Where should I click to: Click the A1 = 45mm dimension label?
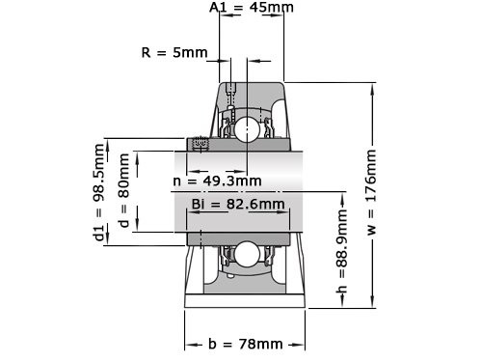[x=252, y=9]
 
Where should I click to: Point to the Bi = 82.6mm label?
[x=238, y=204]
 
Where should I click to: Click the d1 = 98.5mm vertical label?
[x=98, y=192]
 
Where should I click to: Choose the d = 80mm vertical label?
[x=123, y=192]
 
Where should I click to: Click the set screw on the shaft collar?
[x=201, y=144]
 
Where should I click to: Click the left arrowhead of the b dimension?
[x=188, y=344]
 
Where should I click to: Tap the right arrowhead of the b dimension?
[x=303, y=344]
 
